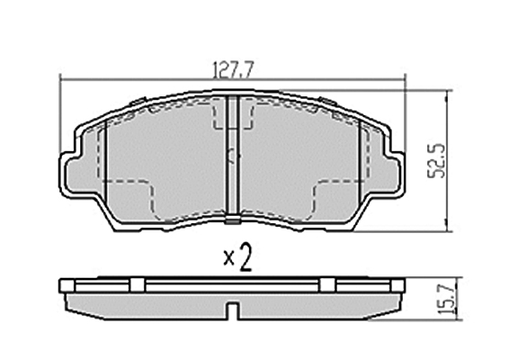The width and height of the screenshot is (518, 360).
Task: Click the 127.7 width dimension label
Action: (x=233, y=69)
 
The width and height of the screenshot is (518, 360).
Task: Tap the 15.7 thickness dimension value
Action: (x=447, y=300)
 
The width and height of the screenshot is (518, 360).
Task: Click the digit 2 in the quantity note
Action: (x=246, y=257)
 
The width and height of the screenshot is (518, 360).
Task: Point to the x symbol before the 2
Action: (x=228, y=258)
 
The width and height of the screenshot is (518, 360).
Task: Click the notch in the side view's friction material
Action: (x=233, y=311)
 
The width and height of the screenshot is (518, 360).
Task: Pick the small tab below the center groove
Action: (x=233, y=220)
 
